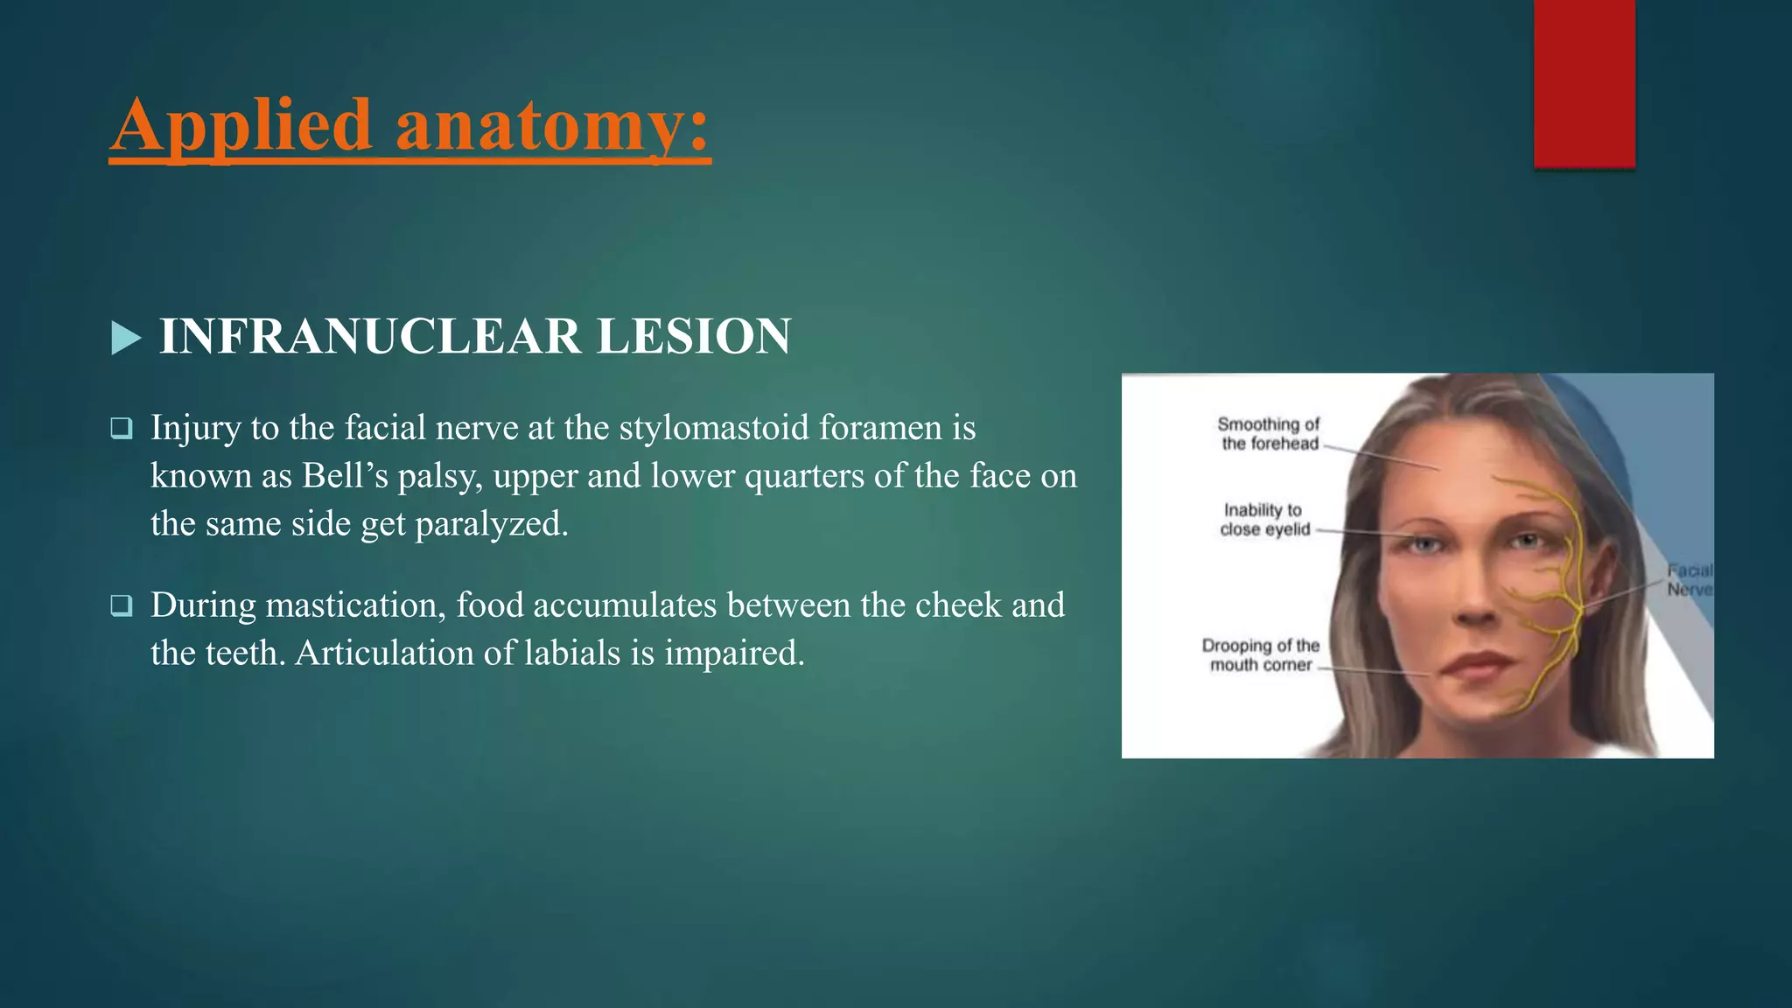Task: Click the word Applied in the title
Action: (x=241, y=126)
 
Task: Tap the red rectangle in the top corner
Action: (x=1584, y=83)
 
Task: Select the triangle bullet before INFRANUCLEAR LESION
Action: (x=126, y=338)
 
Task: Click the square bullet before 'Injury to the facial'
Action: (x=122, y=429)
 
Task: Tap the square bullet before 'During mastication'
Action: (x=122, y=605)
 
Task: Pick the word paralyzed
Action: (x=491, y=524)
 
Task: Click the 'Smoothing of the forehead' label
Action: (x=1269, y=434)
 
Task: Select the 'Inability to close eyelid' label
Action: (x=1264, y=520)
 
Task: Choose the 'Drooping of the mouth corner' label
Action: (x=1260, y=655)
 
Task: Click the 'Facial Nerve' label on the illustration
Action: (x=1689, y=580)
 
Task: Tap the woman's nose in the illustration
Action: (x=1476, y=604)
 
